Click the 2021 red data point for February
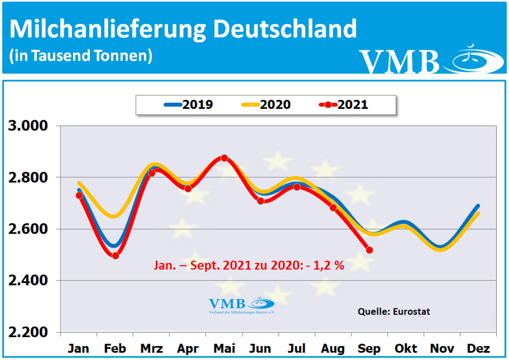[115, 256]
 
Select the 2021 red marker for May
[224, 158]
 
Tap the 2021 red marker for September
[369, 250]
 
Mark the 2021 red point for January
[79, 195]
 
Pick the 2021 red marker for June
[260, 201]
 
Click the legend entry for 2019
[188, 104]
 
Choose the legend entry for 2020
[266, 104]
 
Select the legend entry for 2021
[343, 104]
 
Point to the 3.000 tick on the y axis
[29, 125]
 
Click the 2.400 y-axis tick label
[29, 281]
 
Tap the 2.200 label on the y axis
[29, 333]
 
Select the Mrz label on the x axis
[151, 348]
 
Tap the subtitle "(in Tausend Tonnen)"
[81, 56]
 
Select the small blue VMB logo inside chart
[242, 305]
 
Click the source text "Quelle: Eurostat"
[394, 312]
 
